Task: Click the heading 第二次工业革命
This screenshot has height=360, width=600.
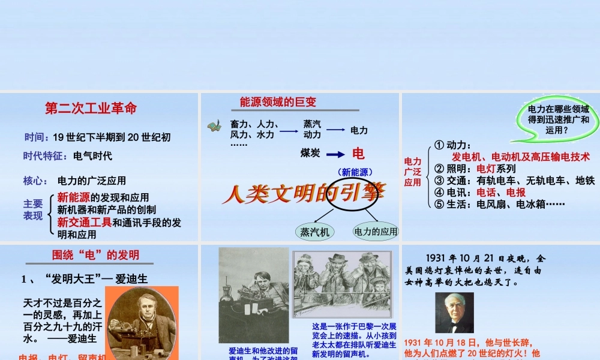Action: coord(91,109)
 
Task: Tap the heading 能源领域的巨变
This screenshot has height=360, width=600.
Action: coord(278,102)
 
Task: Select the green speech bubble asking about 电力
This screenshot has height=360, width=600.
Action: coord(557,120)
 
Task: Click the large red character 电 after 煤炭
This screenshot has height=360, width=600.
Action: coord(358,154)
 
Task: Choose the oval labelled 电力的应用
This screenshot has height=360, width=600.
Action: coord(376,231)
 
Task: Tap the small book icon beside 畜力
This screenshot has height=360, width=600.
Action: coord(214,127)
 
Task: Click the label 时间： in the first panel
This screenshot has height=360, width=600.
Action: coord(37,137)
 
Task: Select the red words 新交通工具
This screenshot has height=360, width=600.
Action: coord(85,222)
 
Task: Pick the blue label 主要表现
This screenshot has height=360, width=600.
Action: coord(33,209)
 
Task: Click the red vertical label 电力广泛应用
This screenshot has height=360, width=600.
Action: coord(413,172)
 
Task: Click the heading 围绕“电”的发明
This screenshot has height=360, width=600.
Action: coord(96,255)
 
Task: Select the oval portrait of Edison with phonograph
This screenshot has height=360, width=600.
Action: coord(142,324)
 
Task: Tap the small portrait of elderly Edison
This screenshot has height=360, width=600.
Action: coord(454,312)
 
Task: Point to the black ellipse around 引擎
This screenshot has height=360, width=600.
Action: coord(351,193)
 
